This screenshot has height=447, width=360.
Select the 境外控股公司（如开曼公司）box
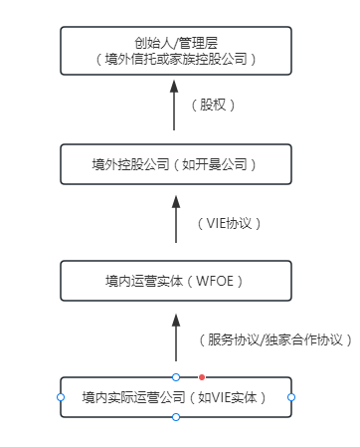pos(175,164)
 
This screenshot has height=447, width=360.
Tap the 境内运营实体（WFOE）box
pos(175,280)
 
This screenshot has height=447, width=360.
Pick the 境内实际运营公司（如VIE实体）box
pos(175,397)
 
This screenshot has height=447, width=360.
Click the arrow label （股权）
pos(218,104)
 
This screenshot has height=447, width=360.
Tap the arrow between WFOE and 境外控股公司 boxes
pos(175,221)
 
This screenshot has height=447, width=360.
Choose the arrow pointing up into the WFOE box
pos(175,336)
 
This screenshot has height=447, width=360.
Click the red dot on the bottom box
pos(202,377)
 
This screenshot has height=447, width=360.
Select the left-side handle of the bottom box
pos(60,397)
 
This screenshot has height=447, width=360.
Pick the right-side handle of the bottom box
pos(291,397)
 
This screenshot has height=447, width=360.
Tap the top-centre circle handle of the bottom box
pos(176,377)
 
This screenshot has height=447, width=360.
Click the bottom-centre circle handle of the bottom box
pos(176,417)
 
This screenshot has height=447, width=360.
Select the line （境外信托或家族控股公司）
pos(175,59)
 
